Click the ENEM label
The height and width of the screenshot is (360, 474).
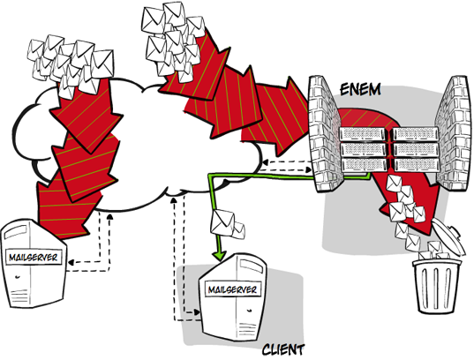coord(360,90)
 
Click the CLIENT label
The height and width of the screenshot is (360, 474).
coord(283,349)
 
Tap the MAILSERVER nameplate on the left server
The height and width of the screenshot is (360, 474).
coord(34,258)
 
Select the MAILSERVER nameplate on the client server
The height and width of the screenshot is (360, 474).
coord(232,289)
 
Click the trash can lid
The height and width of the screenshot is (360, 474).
coord(449,236)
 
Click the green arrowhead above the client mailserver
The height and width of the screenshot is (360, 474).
coord(220,254)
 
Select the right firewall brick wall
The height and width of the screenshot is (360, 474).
coord(453,133)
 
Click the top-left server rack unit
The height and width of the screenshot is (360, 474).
coord(364,134)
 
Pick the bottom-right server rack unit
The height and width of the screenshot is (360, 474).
coord(416,165)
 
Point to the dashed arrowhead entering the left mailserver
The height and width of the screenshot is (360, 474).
coord(71,262)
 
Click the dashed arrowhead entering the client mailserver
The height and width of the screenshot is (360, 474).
coord(198,312)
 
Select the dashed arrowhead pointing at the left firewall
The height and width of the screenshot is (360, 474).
coord(309,170)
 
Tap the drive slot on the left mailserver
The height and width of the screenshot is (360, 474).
coord(19,231)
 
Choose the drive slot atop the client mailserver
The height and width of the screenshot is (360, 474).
coord(251,266)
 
